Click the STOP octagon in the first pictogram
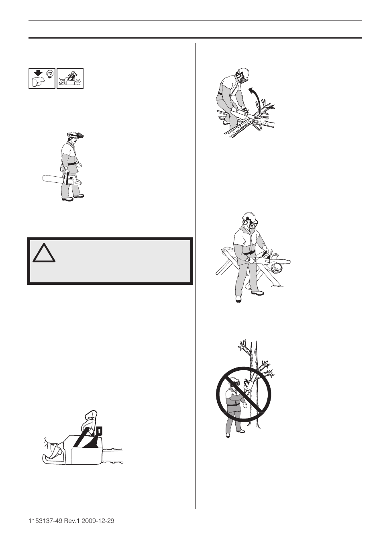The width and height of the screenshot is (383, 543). pos(50,74)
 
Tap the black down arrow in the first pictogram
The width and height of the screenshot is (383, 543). pos(38,73)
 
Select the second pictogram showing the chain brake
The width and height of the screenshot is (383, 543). pos(70,78)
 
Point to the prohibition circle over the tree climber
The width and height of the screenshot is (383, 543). pos(244,394)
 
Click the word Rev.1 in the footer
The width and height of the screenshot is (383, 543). pos(72,521)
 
